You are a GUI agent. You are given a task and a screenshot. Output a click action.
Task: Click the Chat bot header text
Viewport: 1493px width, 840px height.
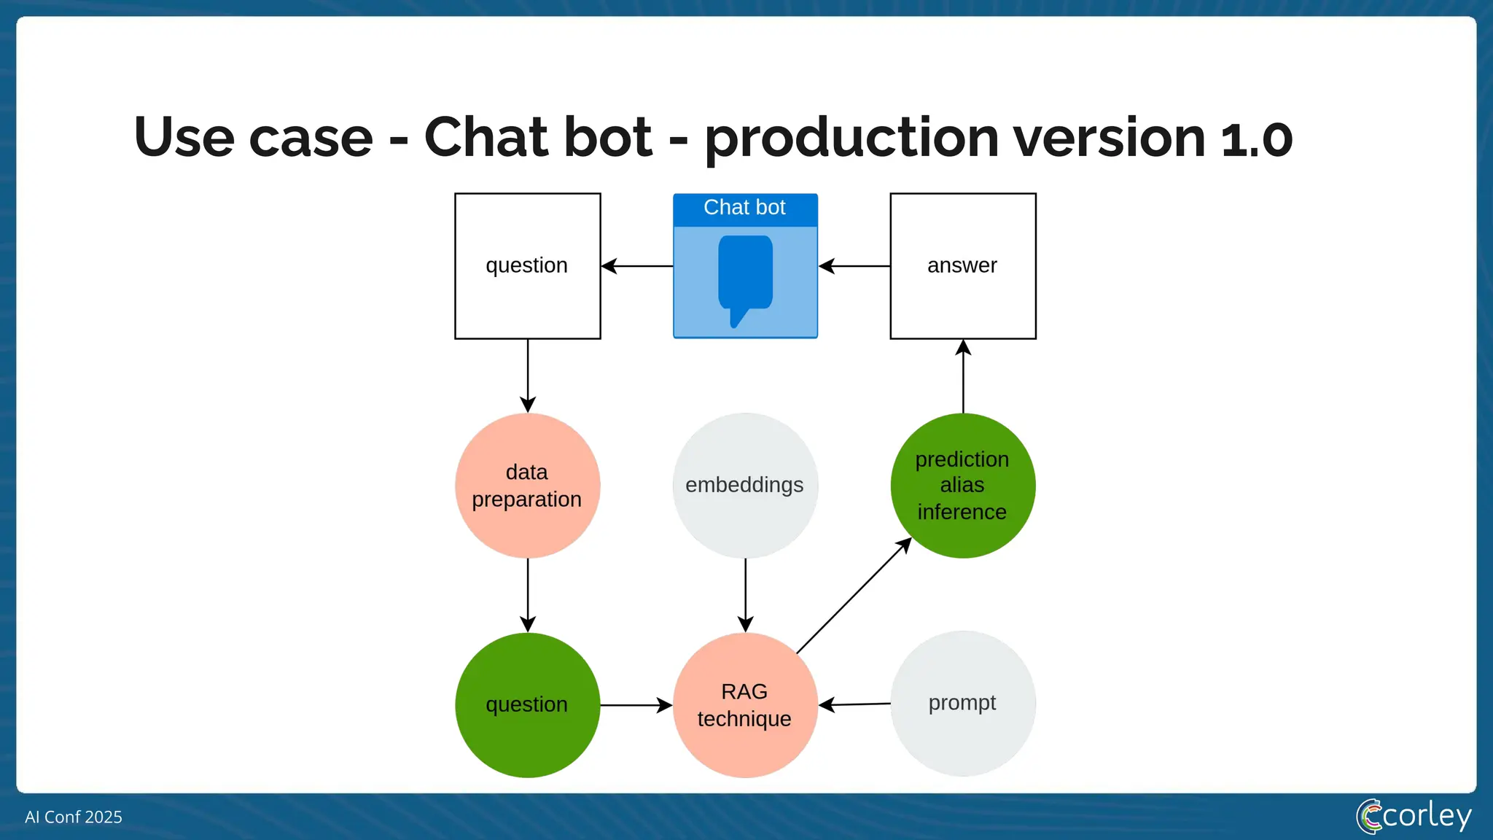click(744, 208)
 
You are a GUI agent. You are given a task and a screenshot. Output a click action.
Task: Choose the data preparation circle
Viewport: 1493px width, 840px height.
click(527, 486)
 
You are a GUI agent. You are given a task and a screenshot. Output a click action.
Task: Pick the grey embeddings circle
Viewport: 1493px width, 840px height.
click(744, 486)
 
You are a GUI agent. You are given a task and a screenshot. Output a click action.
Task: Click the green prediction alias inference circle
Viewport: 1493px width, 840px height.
click(962, 486)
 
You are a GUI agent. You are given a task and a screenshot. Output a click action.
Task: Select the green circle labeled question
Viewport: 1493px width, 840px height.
click(527, 704)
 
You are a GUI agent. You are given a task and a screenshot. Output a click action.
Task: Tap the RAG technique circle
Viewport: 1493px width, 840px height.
click(744, 704)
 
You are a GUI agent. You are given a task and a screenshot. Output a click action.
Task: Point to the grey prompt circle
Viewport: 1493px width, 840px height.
click(962, 703)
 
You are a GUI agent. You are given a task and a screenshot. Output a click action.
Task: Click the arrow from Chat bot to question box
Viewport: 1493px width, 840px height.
click(637, 266)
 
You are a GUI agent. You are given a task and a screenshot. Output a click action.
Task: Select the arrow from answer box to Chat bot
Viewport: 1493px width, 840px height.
click(854, 266)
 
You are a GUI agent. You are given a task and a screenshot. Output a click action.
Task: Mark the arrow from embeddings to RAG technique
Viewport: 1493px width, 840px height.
click(745, 594)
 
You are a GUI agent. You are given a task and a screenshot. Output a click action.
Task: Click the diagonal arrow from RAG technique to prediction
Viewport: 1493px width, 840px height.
click(854, 595)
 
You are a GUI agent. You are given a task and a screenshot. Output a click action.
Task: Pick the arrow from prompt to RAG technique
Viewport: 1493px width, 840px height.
click(854, 704)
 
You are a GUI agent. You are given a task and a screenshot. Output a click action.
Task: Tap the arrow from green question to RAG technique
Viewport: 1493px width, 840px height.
click(636, 705)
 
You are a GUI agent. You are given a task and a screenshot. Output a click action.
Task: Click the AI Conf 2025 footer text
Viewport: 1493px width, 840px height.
click(74, 817)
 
